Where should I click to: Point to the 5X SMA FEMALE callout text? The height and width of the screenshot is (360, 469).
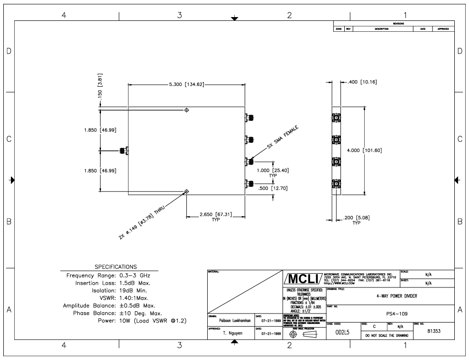(x=284, y=138)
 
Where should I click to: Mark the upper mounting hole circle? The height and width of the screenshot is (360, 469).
(x=187, y=110)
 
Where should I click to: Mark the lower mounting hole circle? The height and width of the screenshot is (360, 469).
(x=187, y=192)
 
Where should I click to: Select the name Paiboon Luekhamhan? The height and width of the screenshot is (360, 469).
(x=231, y=320)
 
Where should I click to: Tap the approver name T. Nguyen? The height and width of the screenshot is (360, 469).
(x=231, y=333)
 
